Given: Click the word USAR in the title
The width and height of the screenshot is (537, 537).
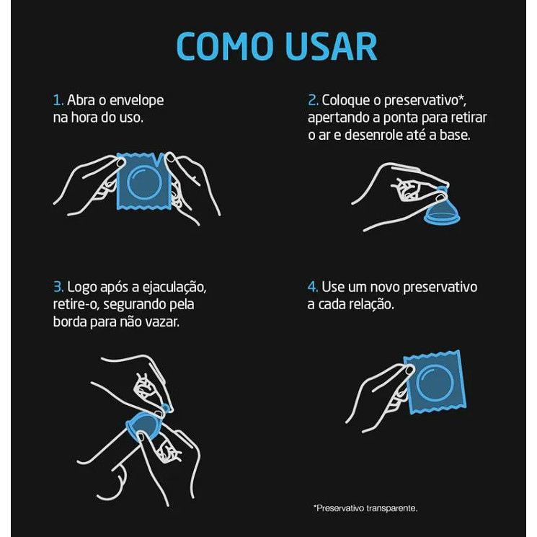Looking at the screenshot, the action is coord(331,47).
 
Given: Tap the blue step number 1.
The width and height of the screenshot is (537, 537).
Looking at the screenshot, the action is coord(58,100).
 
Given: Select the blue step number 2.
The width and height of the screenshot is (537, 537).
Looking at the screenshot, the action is coord(313,100).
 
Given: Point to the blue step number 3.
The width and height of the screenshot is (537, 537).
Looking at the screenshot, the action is coord(58,287).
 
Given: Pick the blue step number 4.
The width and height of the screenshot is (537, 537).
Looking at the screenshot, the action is coord(313,287).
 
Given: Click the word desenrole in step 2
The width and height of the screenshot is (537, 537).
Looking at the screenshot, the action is coord(373,136).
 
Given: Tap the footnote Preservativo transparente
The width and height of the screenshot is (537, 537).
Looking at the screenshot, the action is coord(365,508).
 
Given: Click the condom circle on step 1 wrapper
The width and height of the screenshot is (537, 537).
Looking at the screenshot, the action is coord(144,182).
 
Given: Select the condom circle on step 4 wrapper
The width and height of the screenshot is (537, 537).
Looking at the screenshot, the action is coord(435,382).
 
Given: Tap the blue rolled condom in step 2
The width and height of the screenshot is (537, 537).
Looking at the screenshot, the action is coord(441,208).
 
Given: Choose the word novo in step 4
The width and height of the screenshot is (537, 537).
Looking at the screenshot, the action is coord(385,288).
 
